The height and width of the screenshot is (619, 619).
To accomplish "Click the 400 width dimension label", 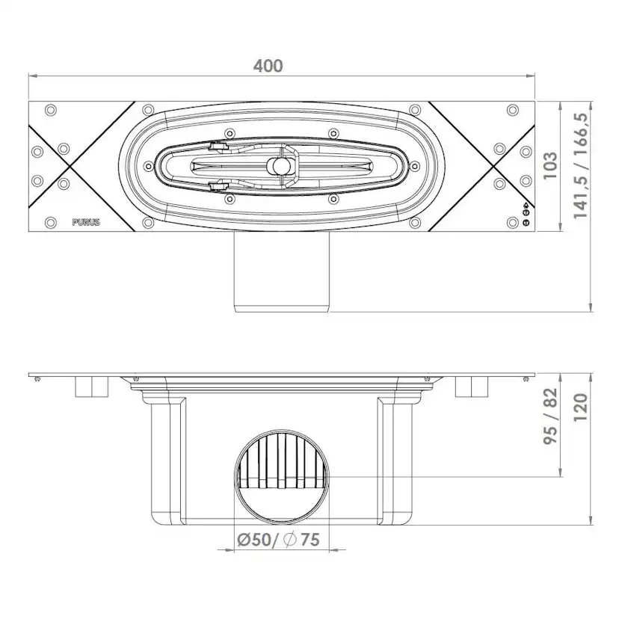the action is pyautogui.click(x=268, y=66).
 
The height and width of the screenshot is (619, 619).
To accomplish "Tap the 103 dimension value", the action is pyautogui.click(x=550, y=165).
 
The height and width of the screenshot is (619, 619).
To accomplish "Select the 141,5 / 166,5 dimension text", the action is pyautogui.click(x=581, y=165).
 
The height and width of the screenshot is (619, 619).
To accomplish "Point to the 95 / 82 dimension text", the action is pyautogui.click(x=550, y=416).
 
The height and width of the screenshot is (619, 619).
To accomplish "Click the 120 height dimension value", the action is pyautogui.click(x=581, y=407).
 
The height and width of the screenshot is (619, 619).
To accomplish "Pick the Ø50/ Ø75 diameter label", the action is pyautogui.click(x=278, y=540).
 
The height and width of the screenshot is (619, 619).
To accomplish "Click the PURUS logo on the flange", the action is pyautogui.click(x=86, y=222).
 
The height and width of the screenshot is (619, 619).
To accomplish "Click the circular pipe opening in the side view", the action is pyautogui.click(x=282, y=476).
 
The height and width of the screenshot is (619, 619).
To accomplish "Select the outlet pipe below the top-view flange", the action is pyautogui.click(x=282, y=271).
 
